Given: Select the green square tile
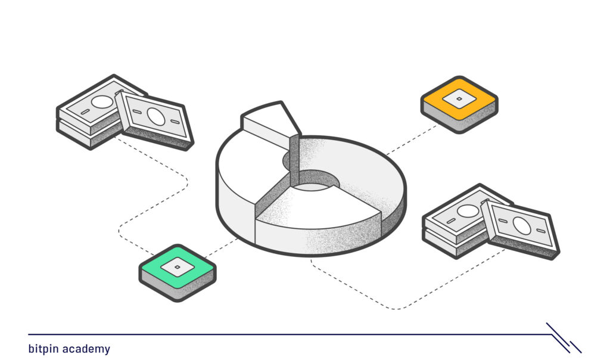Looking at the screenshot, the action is tap(178, 273).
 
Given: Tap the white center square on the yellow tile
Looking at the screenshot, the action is tap(459, 99).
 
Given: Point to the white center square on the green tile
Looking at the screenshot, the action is tap(178, 267).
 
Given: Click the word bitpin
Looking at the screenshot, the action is tap(44, 349).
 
